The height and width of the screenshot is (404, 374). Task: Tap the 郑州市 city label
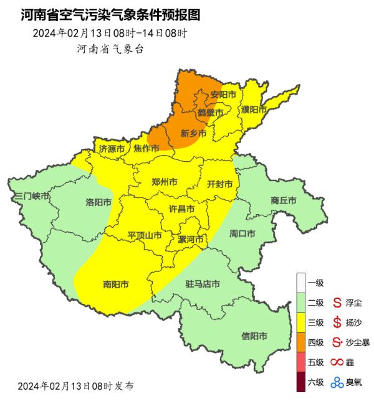tap(165, 182)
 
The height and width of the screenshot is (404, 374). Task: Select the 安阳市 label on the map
tap(223, 95)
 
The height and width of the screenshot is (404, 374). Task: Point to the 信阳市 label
tap(254, 336)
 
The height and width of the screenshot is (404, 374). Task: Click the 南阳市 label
tap(115, 284)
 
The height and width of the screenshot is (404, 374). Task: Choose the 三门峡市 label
tap(31, 196)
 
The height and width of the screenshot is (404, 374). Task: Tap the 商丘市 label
tap(284, 200)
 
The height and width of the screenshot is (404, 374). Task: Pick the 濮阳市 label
tap(254, 110)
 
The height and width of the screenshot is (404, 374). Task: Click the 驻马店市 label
tap(203, 284)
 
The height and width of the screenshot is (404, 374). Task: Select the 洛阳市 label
tap(98, 202)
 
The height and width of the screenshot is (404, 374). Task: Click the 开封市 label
tap(219, 184)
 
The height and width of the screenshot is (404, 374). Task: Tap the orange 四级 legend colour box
tap(302, 342)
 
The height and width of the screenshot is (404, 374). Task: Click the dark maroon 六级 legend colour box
tap(302, 382)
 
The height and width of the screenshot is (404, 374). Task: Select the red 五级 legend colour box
tap(302, 362)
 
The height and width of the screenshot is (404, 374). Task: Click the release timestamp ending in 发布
tap(75, 386)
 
